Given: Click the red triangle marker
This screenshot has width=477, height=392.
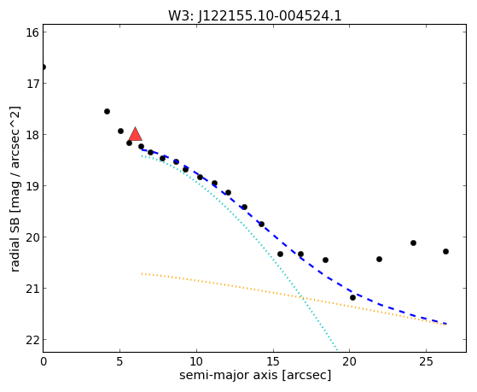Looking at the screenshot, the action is click(x=135, y=134).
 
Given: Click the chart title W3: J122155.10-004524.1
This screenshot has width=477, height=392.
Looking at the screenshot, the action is click(x=255, y=16).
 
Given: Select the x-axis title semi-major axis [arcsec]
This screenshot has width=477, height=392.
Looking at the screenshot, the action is click(x=255, y=375).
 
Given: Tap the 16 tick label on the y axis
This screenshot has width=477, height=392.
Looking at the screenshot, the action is click(x=32, y=32).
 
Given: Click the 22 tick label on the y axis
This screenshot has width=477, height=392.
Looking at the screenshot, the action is click(x=32, y=340).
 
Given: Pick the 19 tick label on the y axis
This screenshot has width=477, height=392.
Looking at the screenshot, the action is click(x=32, y=186).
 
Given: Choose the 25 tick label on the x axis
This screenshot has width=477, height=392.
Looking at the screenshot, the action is click(x=426, y=361).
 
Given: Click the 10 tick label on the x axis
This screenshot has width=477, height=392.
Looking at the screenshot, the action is click(x=196, y=361).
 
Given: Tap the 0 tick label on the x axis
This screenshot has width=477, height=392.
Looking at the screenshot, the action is click(x=44, y=361).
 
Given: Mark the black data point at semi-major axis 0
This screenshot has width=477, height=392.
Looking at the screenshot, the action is click(x=44, y=67).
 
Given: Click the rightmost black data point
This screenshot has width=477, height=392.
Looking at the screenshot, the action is click(x=445, y=252).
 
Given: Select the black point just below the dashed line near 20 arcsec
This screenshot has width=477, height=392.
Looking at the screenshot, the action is click(x=352, y=297).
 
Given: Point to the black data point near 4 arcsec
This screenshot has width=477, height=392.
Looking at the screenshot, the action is click(x=107, y=112).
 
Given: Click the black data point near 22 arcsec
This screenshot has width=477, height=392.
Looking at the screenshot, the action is click(x=379, y=260).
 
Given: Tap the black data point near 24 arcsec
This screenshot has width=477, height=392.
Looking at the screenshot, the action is click(x=413, y=243).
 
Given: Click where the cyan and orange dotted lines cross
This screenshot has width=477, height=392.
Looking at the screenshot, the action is click(x=301, y=296).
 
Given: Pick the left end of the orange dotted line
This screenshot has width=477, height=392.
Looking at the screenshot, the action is click(x=142, y=273).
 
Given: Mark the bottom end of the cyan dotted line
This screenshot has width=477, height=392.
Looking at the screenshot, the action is click(x=337, y=350).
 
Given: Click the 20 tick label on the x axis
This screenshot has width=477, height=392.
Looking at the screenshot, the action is click(x=349, y=361).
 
